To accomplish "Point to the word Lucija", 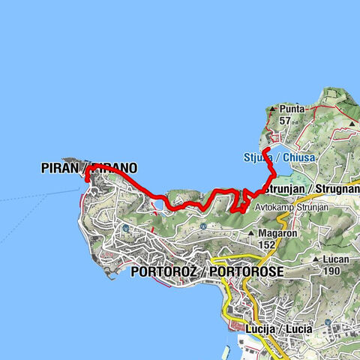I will coord(259,328).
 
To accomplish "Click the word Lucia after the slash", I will coord(295,328).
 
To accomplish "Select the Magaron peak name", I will coord(276,233).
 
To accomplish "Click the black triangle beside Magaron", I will coord(253,234).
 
